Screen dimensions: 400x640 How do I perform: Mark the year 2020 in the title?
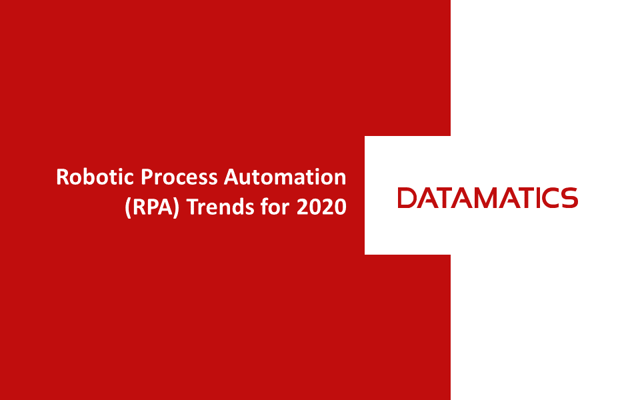click(321, 207)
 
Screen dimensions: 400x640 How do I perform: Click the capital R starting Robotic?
click(63, 177)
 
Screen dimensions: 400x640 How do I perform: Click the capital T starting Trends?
click(192, 207)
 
